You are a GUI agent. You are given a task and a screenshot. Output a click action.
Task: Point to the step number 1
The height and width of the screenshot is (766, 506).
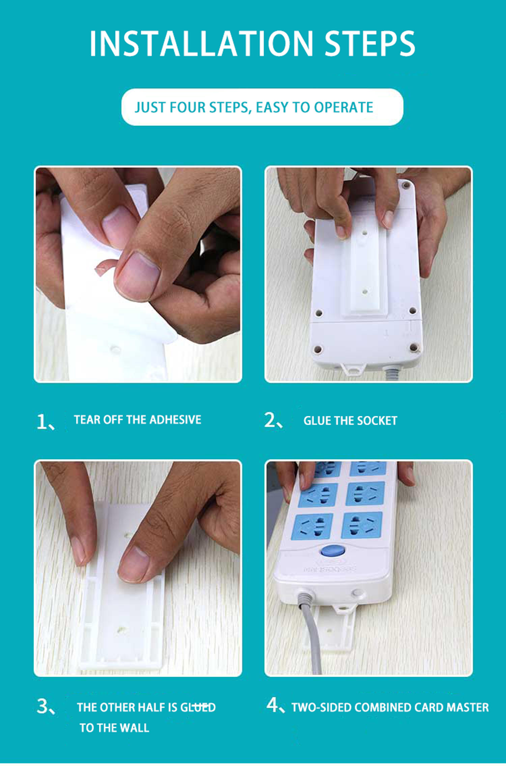coord(42,422)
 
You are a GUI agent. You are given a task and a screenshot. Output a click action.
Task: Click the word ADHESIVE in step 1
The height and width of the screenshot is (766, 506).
coord(175,420)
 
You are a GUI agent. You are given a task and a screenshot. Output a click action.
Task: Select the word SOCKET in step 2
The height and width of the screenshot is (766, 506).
coord(377,421)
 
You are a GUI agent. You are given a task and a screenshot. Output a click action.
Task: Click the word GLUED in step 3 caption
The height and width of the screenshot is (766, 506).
coord(198,707)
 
